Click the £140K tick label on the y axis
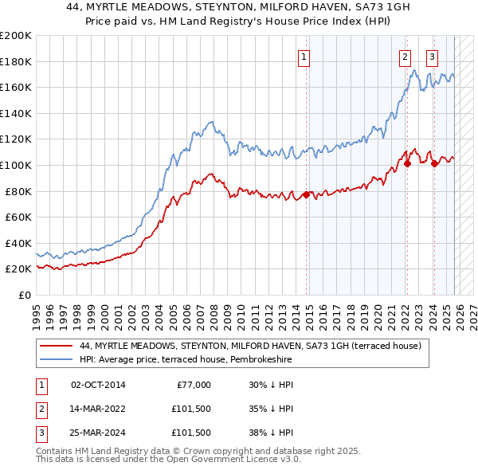coord(16,113)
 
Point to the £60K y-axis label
coord(18,217)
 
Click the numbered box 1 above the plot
coord(305,57)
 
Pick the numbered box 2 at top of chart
coord(405,57)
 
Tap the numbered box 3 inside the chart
coord(432,57)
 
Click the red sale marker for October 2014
coord(306,194)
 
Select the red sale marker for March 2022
coord(406,163)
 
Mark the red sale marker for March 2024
coord(434,163)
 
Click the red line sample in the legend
coord(56,347)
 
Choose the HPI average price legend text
coord(186,360)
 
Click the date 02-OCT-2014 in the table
coord(98,385)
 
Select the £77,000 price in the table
coord(192,385)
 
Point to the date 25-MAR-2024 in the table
coord(98,433)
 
